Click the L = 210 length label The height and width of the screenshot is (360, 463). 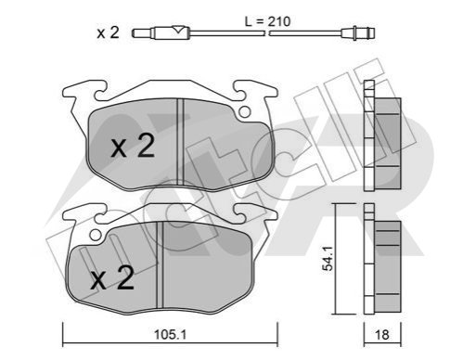(267, 21)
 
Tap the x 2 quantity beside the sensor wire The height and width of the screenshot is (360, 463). (108, 32)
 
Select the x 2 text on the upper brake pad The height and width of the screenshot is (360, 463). (133, 147)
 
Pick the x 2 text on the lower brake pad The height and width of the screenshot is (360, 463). (112, 277)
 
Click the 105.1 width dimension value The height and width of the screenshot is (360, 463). (170, 334)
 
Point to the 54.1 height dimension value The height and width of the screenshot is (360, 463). (328, 259)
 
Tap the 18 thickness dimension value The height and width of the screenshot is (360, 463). (381, 335)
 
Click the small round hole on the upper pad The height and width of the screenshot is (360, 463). (245, 111)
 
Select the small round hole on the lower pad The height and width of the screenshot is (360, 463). (96, 235)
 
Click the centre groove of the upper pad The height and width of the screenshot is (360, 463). (180, 142)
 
